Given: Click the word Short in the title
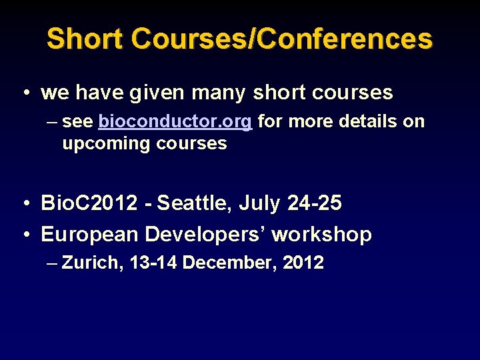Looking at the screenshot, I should (85, 39).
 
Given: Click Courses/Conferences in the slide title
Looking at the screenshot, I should (282, 39).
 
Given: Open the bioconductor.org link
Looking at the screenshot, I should (175, 122).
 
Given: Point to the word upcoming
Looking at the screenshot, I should (106, 143).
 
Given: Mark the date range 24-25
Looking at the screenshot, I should (314, 203).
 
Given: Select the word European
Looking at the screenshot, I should (90, 234).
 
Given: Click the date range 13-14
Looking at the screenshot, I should (154, 263).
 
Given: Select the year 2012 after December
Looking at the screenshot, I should (303, 263).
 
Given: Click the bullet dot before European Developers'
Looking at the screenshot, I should (24, 235).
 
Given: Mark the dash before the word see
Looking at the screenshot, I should (53, 122).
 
